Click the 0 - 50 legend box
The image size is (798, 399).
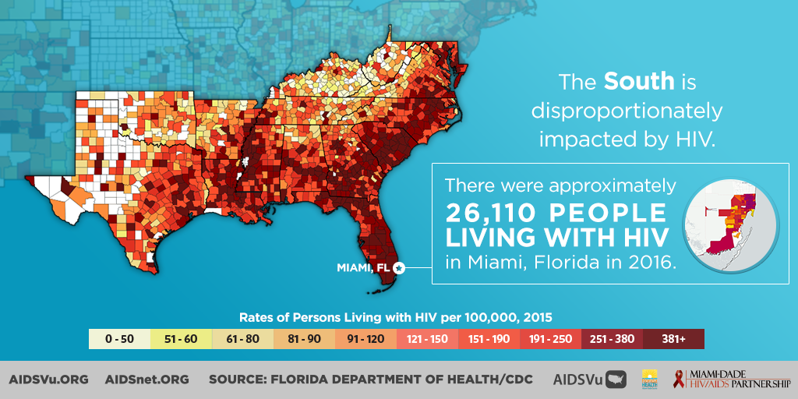(119, 339)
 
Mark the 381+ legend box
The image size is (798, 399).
(673, 339)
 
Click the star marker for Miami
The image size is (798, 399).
(399, 268)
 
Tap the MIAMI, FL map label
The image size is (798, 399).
(363, 268)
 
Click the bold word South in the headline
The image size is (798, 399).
(639, 81)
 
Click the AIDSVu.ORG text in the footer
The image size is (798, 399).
(49, 380)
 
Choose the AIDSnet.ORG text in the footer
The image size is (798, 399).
(147, 380)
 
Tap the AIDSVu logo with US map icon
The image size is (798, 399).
(589, 380)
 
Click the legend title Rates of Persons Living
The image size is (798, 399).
(396, 318)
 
